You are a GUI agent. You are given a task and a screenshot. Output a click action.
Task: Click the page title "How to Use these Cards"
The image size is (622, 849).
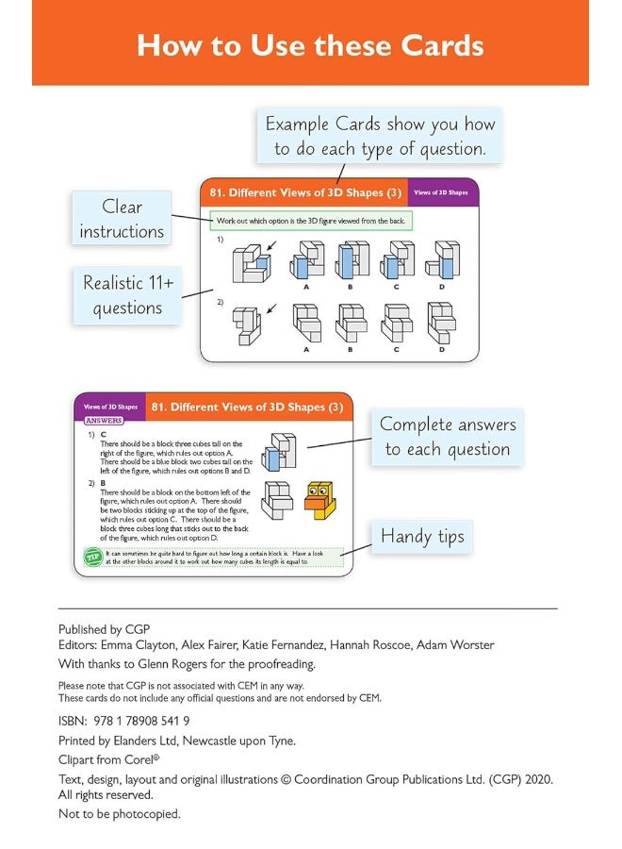pos(310,45)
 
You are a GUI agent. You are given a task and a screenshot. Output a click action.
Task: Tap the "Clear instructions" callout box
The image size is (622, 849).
pos(122,219)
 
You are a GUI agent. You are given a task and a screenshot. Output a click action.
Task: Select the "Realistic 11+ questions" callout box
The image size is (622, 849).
pos(127,295)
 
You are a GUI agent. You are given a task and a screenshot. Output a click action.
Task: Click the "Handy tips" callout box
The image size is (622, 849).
pos(422,537)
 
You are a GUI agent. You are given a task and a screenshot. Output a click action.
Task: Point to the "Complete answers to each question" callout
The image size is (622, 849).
pos(447,437)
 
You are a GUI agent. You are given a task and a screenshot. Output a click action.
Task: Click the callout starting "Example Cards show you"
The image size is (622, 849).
pos(379,136)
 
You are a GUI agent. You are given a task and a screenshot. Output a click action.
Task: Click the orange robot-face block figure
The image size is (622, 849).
pos(319,499)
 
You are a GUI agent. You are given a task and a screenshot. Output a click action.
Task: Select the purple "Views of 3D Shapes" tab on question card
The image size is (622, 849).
pos(442,192)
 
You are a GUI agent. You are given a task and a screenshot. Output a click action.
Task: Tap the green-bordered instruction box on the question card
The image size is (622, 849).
pos(312,220)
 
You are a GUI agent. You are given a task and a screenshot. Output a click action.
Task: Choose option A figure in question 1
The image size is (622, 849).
pos(305,260)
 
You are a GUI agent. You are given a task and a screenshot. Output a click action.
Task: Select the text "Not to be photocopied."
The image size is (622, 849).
pos(119,813)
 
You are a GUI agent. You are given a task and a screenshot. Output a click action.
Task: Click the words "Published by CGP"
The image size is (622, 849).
pos(104,629)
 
